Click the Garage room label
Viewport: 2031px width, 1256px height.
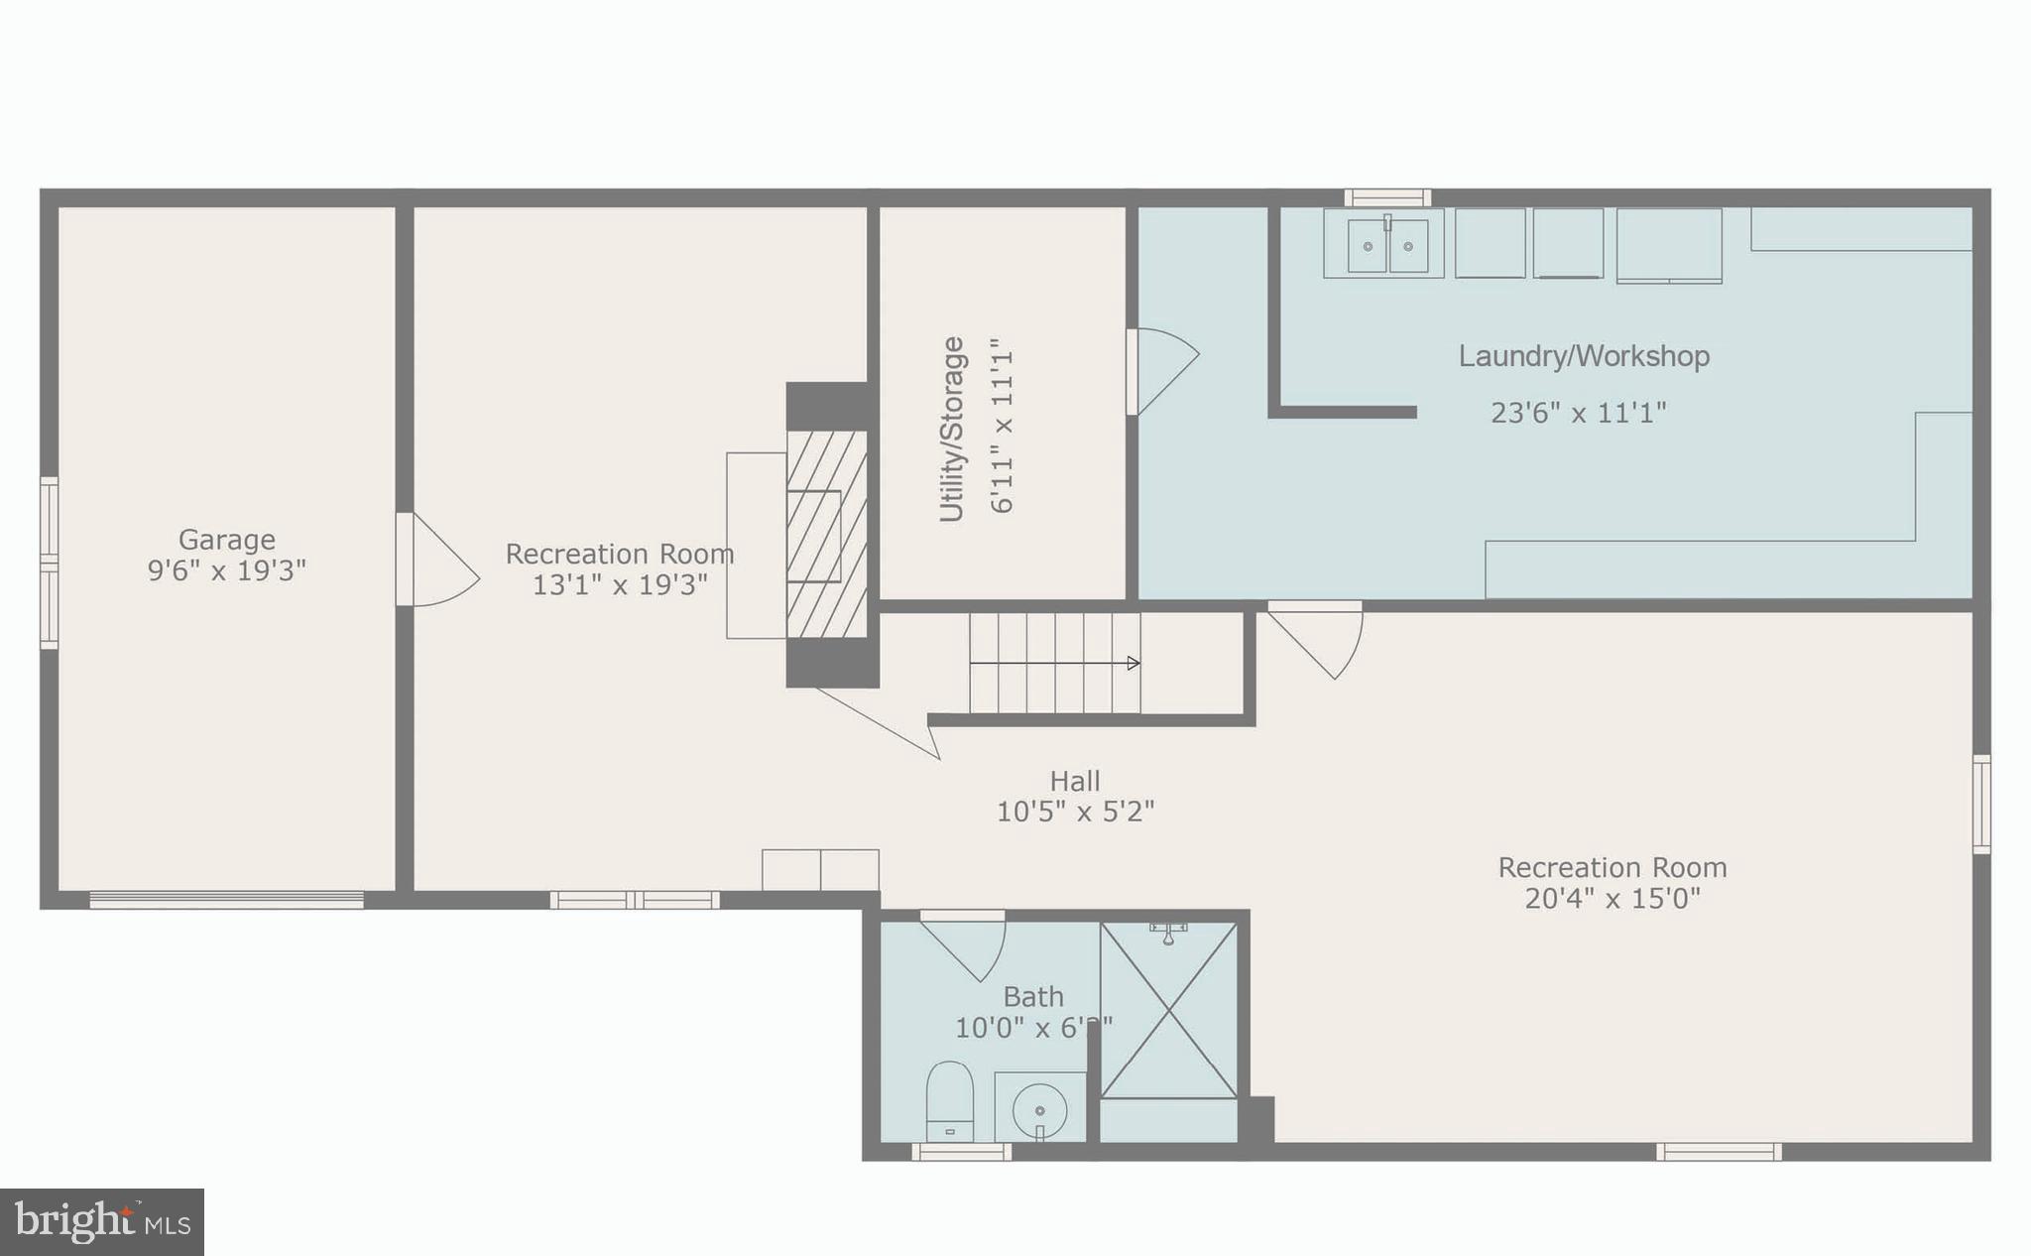(226, 540)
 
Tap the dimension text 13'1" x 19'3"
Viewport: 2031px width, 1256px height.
(620, 585)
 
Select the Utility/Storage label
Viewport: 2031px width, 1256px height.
(952, 429)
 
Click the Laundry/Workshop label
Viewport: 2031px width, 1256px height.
(1584, 356)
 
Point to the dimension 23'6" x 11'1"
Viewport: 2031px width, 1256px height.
(1578, 413)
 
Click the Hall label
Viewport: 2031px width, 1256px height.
(1075, 781)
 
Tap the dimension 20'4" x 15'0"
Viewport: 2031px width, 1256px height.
(1612, 899)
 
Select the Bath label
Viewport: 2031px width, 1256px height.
(1033, 996)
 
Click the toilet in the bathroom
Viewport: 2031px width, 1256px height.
(949, 1101)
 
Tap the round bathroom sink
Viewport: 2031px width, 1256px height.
(1039, 1107)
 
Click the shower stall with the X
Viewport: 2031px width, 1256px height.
(1169, 1010)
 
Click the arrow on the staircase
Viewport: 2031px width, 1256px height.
(1133, 663)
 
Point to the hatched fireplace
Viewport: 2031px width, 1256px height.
(826, 534)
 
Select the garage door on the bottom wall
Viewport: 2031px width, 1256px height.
(226, 900)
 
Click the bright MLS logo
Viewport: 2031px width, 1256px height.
(102, 1221)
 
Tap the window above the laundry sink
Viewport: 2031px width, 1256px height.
(1386, 197)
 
